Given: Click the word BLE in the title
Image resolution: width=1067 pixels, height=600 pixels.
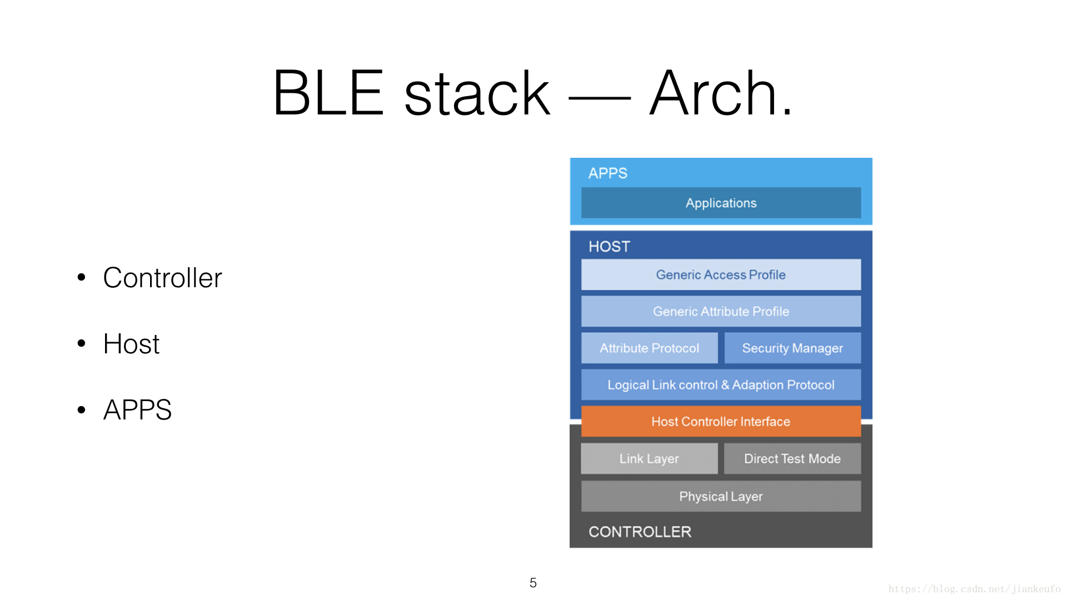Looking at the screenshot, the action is coord(328,92).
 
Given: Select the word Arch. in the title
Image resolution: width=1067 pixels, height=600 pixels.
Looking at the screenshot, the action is coord(721,92).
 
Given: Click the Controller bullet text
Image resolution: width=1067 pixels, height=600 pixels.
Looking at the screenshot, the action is coord(162,278).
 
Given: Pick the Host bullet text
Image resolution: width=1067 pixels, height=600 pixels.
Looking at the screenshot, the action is coord(131,344).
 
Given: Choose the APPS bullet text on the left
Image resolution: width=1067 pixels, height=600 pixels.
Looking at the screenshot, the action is coord(137,410).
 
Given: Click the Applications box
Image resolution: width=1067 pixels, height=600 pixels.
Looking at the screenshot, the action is coord(721,203).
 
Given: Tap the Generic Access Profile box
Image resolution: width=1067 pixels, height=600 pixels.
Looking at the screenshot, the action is coord(721,274).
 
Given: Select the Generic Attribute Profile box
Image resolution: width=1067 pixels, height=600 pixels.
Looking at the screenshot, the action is coord(721,311).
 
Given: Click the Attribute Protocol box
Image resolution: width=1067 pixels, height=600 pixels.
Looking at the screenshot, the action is coord(649,348).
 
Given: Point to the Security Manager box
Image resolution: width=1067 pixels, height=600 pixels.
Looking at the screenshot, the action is coord(792,348).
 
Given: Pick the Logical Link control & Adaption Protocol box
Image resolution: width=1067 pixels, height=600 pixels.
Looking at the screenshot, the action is coord(721,384).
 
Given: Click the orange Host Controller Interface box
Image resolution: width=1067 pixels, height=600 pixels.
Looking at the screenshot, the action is coord(721,421).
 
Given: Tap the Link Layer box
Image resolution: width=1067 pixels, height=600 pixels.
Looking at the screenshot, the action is coord(649,458).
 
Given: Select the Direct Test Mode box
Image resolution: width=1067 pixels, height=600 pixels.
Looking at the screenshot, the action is coord(792,458).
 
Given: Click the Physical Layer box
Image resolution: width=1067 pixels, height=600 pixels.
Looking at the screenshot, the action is coord(721,496).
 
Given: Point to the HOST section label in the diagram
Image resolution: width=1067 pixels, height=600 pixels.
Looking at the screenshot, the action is coord(609,247).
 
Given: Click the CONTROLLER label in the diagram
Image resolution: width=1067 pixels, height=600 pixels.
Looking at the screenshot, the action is coord(640,532).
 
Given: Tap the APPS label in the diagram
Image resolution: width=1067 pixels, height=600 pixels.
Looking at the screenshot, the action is coord(607,173).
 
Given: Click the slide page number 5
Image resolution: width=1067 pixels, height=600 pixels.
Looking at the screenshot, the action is coord(533,583).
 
